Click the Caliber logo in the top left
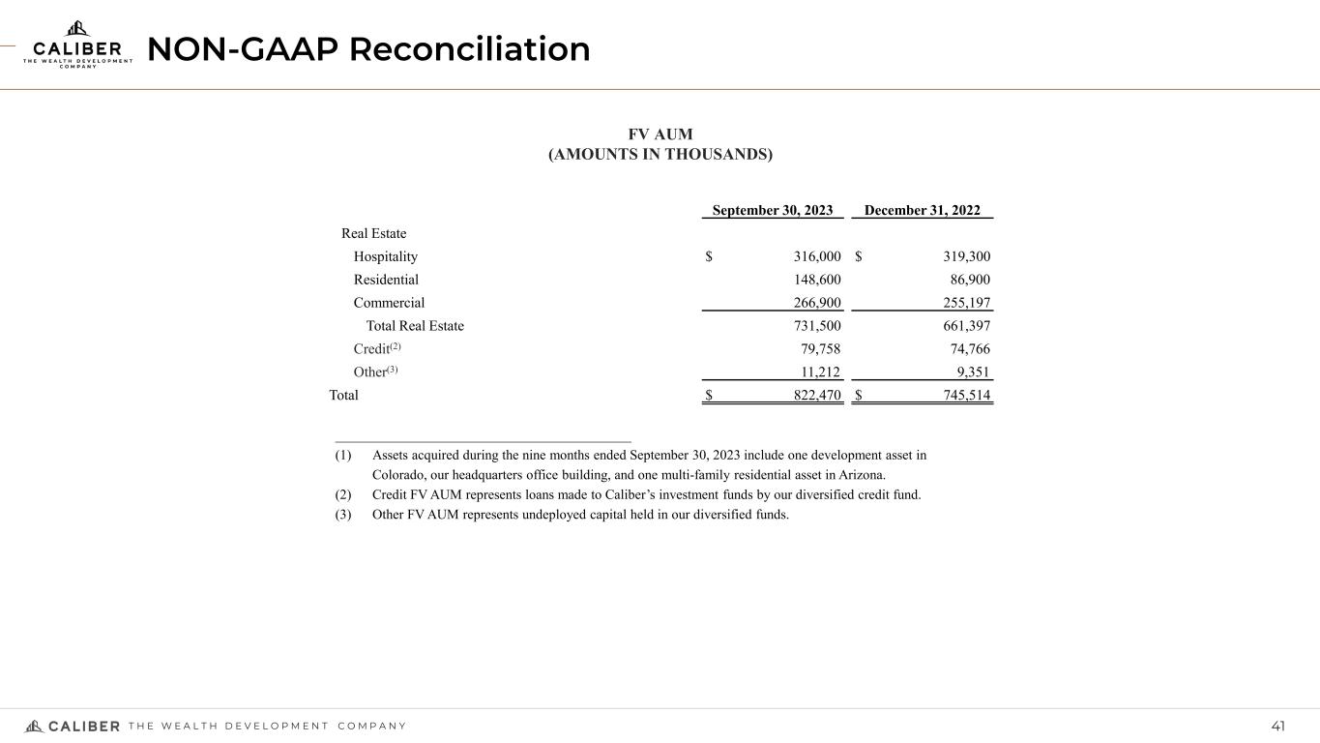76,45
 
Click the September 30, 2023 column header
773,211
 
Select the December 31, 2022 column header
922,211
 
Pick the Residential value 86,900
967,280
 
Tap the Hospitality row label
386,256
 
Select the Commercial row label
389,303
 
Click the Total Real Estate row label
415,326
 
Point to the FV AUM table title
660,134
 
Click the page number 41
1278,727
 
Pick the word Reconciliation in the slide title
470,48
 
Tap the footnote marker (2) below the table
343,494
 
